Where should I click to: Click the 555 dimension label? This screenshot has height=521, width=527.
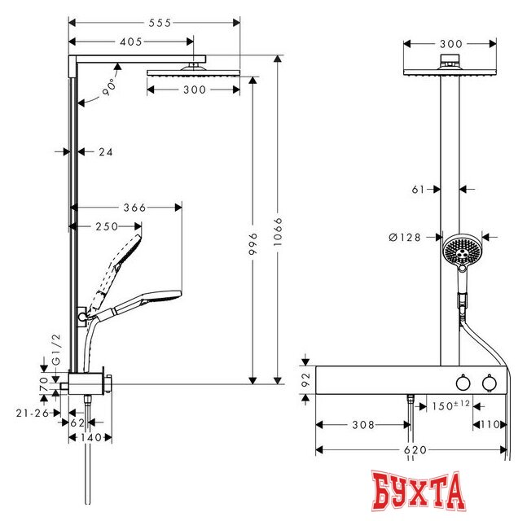(160, 23)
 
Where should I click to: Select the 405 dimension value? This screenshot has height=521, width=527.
(131, 42)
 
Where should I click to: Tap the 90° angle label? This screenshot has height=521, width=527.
(110, 87)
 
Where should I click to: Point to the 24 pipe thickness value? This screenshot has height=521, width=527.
(106, 152)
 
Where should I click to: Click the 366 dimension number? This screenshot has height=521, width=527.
(134, 208)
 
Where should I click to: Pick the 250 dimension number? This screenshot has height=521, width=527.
(107, 227)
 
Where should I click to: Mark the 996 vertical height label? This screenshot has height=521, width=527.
(254, 243)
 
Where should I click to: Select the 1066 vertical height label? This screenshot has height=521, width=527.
(278, 231)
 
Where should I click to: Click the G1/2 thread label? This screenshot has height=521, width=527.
(56, 349)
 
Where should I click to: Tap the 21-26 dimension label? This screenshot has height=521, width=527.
(33, 413)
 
